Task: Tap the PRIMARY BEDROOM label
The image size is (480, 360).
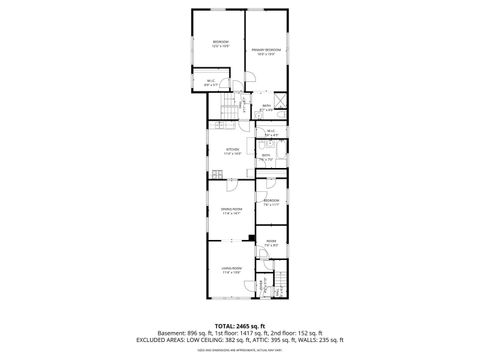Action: [266, 50]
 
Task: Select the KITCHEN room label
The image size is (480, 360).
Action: [232, 152]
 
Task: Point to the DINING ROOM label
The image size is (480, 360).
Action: [231, 210]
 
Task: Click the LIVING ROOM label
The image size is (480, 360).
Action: [231, 270]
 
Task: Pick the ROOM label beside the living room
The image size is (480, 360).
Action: [271, 242]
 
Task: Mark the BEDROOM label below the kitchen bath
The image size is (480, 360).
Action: [271, 202]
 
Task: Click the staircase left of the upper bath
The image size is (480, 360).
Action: [229, 109]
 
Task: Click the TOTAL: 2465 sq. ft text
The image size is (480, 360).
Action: [239, 325]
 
